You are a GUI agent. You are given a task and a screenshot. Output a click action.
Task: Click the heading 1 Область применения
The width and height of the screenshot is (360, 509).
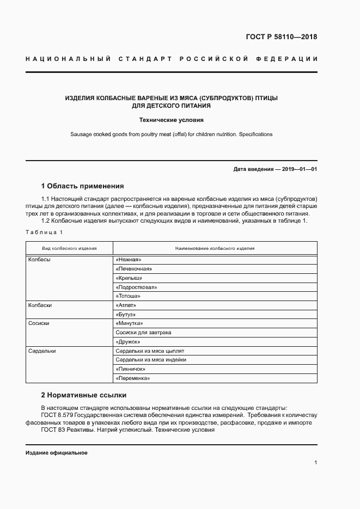83,186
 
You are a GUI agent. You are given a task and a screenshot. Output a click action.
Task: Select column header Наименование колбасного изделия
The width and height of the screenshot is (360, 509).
215,248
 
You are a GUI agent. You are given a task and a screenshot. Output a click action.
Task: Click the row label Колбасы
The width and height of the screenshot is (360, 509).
39,260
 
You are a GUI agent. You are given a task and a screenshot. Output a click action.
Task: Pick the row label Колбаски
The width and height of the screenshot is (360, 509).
40,305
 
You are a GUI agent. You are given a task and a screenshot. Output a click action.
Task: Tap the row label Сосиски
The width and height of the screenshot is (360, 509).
39,323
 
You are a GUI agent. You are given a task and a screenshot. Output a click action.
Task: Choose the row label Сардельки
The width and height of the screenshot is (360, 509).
41,351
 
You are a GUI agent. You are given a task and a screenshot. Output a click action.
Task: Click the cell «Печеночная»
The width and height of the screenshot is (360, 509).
133,269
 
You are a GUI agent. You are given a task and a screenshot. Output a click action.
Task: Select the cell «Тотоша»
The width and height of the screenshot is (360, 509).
128,296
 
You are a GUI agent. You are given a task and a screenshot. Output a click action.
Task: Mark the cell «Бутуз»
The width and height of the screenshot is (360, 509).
126,315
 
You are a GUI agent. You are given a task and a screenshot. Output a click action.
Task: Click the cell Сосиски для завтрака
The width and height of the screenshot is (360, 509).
143,333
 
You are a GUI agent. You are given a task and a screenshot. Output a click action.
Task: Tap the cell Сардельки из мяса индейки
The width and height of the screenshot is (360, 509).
151,360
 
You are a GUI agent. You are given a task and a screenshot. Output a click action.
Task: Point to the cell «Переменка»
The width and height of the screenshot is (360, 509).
132,378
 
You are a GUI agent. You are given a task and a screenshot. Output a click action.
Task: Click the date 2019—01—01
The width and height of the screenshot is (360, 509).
300,169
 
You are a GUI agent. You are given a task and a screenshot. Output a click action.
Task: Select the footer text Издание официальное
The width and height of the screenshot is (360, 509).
56,453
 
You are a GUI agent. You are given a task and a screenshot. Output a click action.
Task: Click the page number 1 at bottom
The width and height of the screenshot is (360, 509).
315,463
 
